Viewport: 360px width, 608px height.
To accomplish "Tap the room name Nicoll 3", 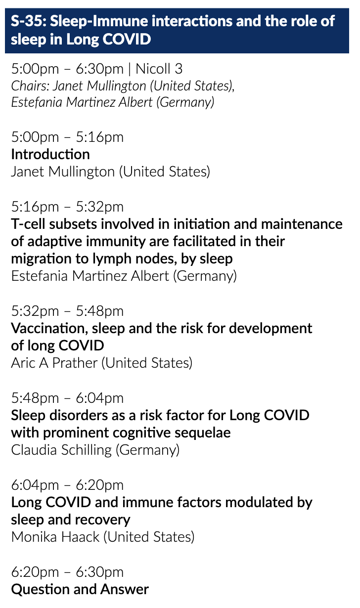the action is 159,69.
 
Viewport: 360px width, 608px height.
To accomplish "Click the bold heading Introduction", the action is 50,154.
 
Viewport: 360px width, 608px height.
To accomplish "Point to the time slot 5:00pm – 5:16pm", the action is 67,137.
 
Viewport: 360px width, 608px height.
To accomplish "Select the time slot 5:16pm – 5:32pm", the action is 67,207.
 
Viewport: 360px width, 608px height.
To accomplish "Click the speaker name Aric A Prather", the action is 54,363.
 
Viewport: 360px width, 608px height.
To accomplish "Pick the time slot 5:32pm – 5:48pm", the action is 67,311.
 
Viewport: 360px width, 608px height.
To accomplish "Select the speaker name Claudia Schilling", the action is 61,450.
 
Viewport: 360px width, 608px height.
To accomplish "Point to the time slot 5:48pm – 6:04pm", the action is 67,398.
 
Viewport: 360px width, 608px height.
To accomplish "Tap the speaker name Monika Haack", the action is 55,537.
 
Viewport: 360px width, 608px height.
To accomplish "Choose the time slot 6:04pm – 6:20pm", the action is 67,485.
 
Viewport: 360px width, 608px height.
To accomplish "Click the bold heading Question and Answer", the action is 80,590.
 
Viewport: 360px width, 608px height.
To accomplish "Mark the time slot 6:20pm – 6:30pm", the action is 67,572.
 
